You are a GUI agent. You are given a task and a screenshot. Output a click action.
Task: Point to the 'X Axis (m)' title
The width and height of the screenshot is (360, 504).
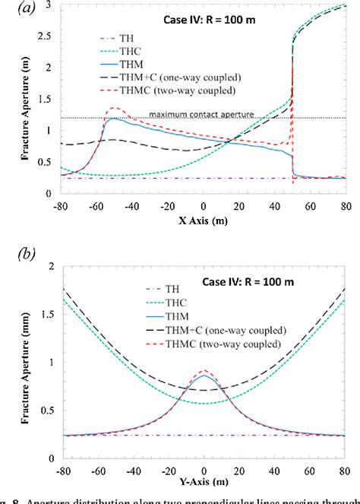pos(202,224)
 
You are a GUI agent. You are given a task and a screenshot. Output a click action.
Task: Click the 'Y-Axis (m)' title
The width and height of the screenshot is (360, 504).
pos(202,483)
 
